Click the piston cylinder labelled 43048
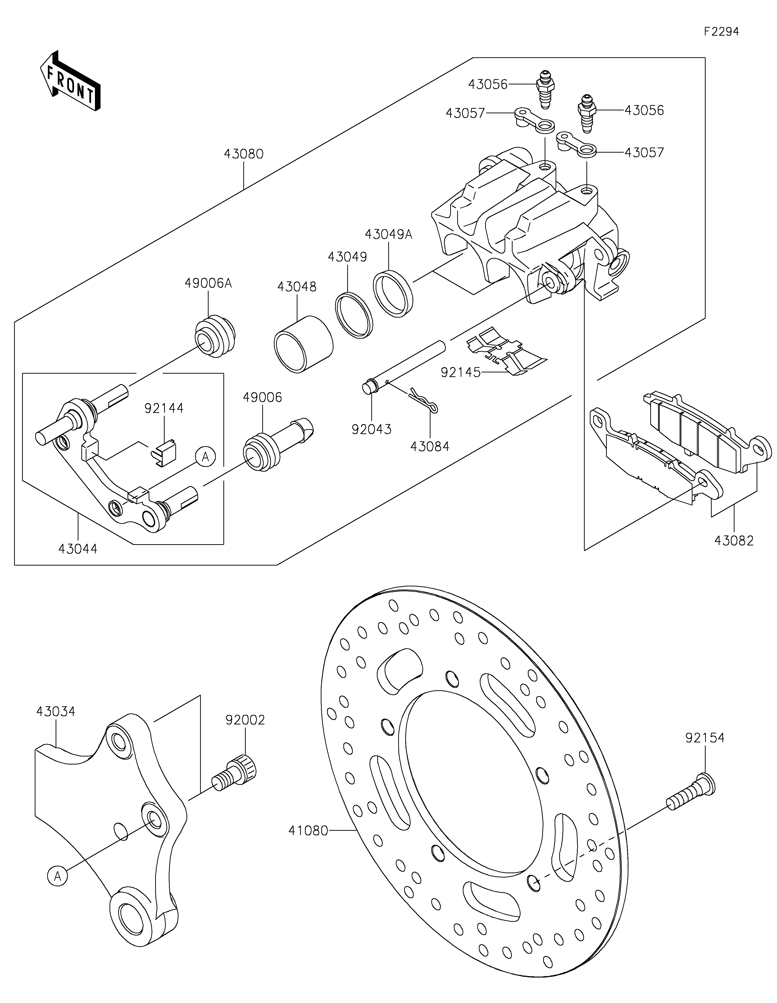[x=303, y=345]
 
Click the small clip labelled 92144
[x=164, y=452]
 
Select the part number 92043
[x=371, y=429]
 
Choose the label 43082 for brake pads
[x=734, y=541]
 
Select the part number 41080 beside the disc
[x=308, y=830]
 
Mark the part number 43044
[x=78, y=549]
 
